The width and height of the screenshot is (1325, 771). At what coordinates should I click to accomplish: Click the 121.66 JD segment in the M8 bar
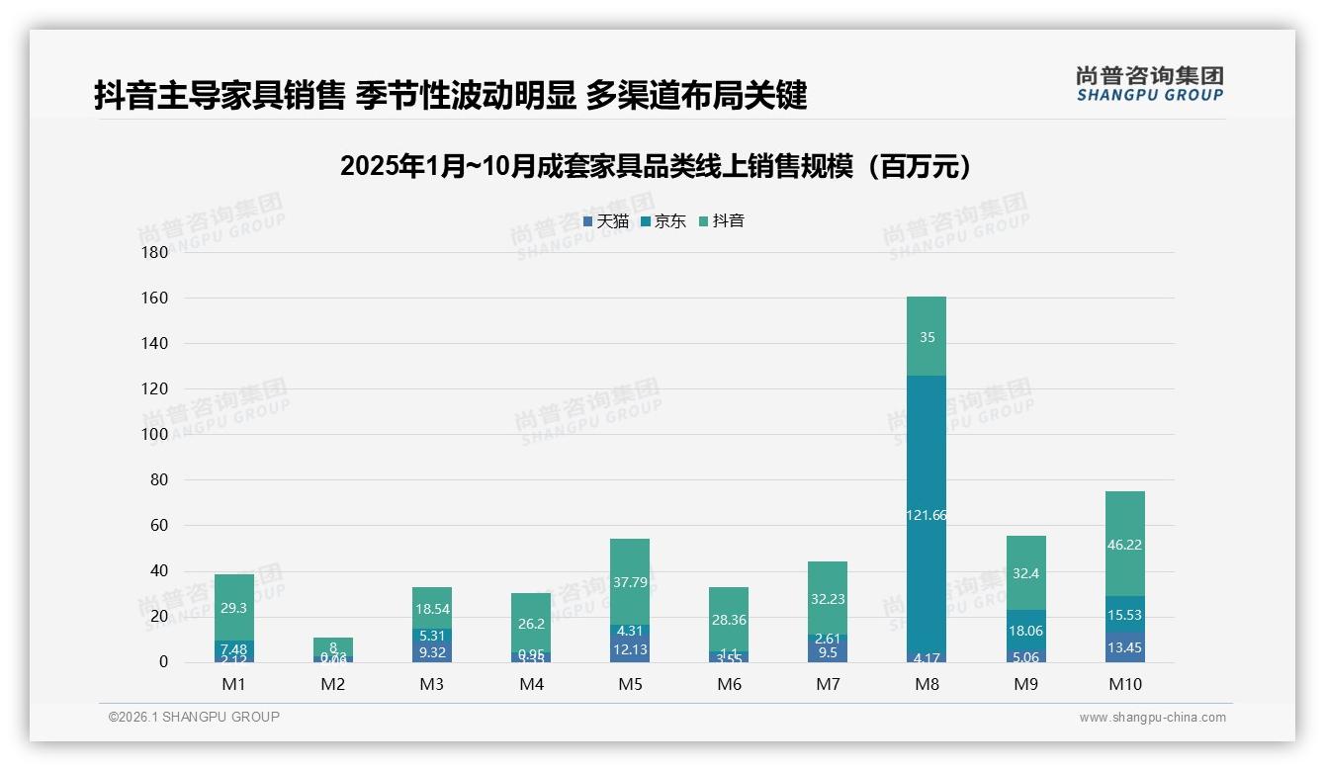click(x=926, y=514)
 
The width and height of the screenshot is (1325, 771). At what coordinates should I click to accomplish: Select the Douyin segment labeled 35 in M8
click(x=926, y=337)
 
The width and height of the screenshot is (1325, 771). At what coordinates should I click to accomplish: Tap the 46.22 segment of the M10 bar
click(x=1124, y=544)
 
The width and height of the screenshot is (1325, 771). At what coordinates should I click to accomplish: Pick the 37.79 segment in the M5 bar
click(x=630, y=581)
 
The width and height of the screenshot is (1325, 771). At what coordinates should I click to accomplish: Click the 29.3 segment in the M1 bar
click(x=234, y=608)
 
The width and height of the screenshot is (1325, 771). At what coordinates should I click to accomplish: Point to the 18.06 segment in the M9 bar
click(x=1025, y=631)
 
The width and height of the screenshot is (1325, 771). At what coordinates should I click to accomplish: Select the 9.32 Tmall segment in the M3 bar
click(x=432, y=652)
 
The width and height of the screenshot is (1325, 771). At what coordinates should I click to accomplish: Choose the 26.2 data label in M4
click(x=531, y=624)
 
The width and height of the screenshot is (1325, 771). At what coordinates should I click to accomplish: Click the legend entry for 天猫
click(x=606, y=221)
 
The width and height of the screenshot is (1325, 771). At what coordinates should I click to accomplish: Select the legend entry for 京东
click(x=663, y=221)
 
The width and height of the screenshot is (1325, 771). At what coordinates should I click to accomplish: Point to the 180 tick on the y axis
click(x=155, y=253)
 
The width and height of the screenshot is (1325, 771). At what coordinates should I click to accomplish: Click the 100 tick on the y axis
click(x=155, y=435)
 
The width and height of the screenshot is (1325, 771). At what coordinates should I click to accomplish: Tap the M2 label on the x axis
click(x=333, y=684)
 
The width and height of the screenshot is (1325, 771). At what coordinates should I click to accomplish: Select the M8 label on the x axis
click(x=926, y=684)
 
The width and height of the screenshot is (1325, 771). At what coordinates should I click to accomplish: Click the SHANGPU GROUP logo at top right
click(x=1149, y=84)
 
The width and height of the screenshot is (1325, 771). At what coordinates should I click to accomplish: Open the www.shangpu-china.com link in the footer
click(x=1152, y=718)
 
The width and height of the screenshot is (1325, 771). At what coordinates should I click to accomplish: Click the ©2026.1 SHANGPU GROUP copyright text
click(x=194, y=717)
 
